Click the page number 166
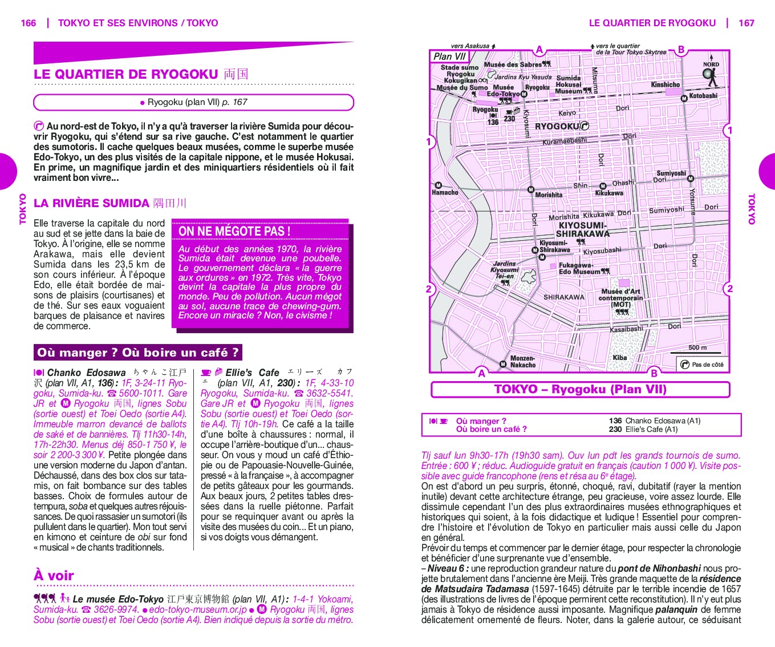tap(28, 23)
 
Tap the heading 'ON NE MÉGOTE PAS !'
tap(234, 231)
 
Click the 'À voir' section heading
tap(54, 575)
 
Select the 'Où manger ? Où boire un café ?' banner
tap(137, 353)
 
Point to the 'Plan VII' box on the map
tap(449, 56)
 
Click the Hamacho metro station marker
tap(439, 185)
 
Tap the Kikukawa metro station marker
tap(603, 186)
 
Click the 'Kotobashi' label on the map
tap(703, 96)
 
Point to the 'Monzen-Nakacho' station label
tap(522, 362)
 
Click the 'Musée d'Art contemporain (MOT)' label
tap(620, 298)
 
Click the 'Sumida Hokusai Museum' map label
tap(569, 84)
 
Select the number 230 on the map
tap(509, 119)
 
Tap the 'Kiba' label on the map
tap(620, 358)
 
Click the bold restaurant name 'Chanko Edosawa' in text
tap(86, 373)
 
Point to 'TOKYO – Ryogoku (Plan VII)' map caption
tap(580, 389)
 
